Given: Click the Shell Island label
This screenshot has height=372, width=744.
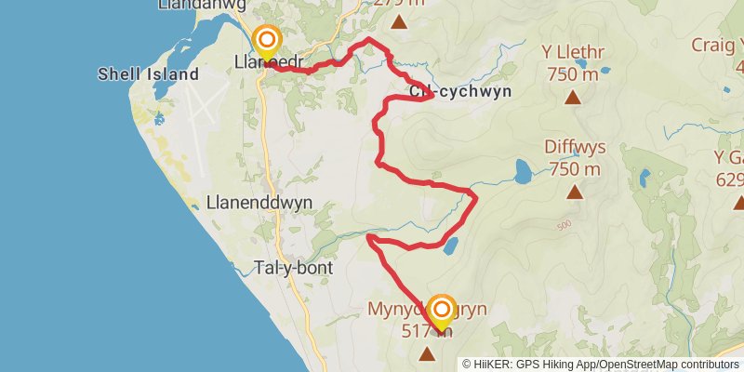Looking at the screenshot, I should click(149, 74).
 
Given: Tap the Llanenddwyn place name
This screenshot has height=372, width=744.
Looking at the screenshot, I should click(259, 202).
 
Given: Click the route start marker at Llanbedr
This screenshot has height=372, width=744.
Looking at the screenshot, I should click(268, 40).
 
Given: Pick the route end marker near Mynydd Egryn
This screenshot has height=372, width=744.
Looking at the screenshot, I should click(441, 310).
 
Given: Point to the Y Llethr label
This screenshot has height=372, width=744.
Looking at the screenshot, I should click(572, 54).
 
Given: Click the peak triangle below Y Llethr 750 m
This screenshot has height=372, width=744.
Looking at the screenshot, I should click(573, 97).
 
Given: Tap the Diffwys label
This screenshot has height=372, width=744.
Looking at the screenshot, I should click(574, 149).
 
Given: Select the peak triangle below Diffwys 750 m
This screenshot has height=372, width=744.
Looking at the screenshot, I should click(575, 193).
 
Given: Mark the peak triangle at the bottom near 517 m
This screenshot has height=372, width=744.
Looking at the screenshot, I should click(428, 353).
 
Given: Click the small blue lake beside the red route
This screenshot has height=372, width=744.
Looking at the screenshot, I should click(450, 246).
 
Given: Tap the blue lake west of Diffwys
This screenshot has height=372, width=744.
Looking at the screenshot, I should click(523, 171).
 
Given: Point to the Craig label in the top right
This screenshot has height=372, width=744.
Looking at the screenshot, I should click(717, 44).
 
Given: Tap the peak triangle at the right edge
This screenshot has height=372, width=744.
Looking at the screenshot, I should click(737, 202).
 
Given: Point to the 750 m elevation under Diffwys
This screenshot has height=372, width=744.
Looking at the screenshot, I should click(574, 169).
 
